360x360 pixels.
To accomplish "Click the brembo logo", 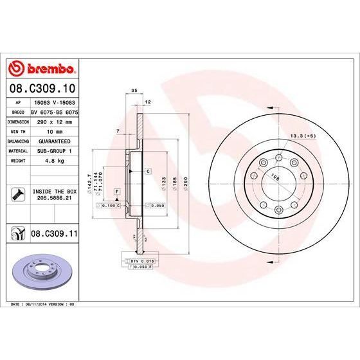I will [x=41, y=68].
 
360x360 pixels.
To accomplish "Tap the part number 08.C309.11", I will [x=54, y=236].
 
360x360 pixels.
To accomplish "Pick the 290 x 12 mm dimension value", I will [x=54, y=120].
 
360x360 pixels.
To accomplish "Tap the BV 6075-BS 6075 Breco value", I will [x=54, y=111].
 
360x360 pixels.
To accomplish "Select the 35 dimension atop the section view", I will [x=134, y=91].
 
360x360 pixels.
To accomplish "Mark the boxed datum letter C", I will [x=147, y=172].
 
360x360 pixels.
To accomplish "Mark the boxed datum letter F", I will [x=117, y=192].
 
